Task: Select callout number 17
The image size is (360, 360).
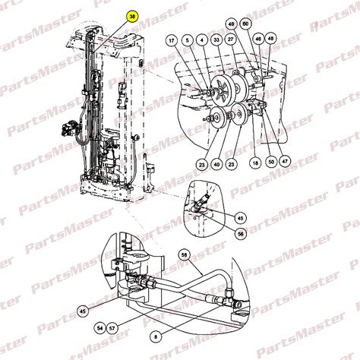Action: (172, 40)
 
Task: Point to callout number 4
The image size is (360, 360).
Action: (201, 40)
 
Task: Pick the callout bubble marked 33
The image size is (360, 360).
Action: (216, 40)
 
